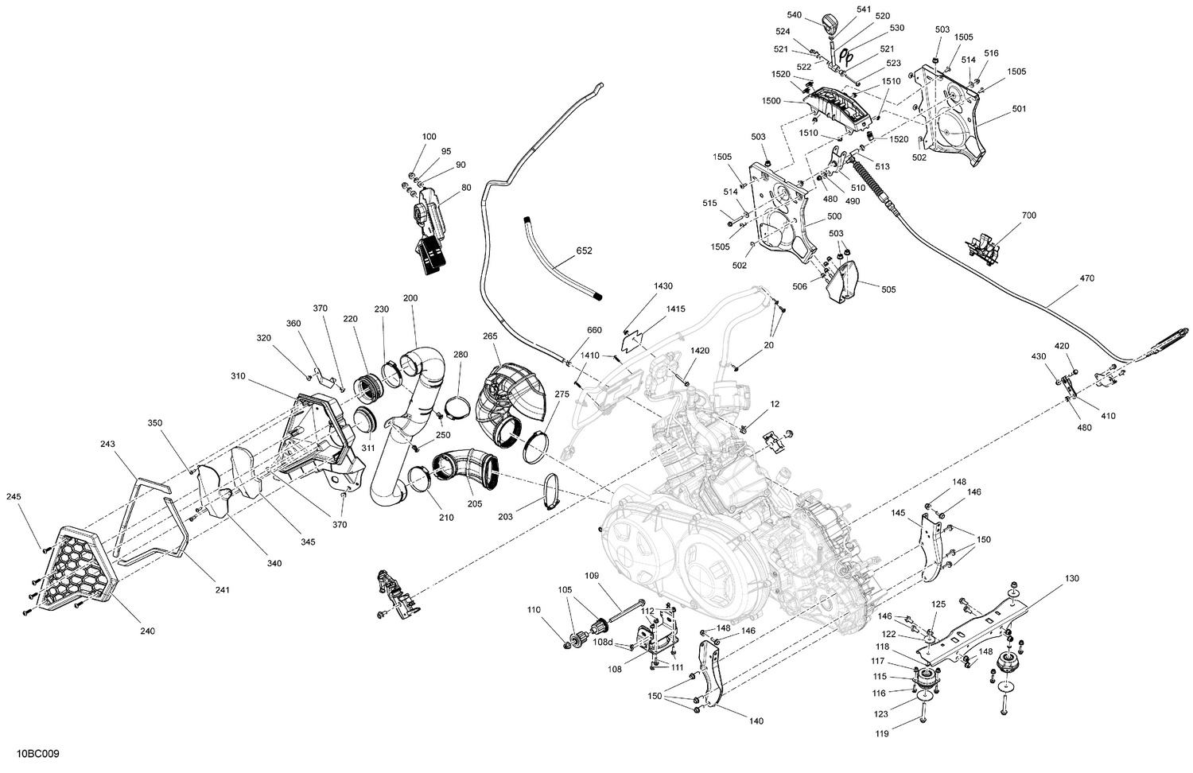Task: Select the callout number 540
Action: tap(795, 14)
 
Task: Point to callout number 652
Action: tap(584, 251)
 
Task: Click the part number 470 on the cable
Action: tap(1086, 278)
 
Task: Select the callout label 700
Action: tap(1028, 216)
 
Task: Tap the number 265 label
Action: tap(490, 336)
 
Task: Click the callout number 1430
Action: tap(663, 286)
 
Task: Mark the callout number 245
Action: tap(14, 497)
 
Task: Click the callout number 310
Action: tap(238, 376)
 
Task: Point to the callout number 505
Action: tap(888, 289)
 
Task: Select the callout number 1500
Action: tap(771, 101)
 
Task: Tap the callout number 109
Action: tap(592, 575)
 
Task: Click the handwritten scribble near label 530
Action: tap(848, 58)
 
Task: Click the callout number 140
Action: tap(756, 721)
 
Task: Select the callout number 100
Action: tap(429, 137)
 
